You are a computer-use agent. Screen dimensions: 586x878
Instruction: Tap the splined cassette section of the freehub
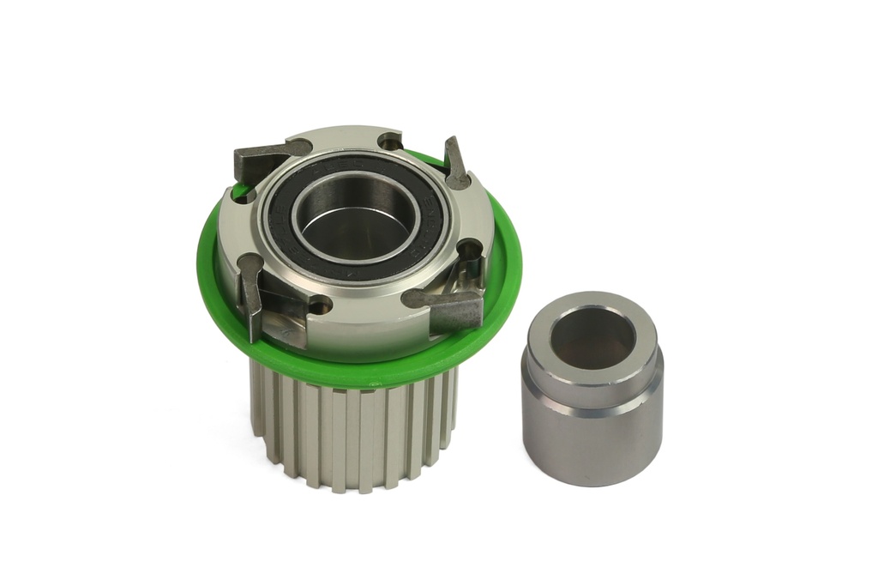[352, 429]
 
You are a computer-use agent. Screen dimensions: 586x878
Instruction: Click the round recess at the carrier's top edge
[390, 142]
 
